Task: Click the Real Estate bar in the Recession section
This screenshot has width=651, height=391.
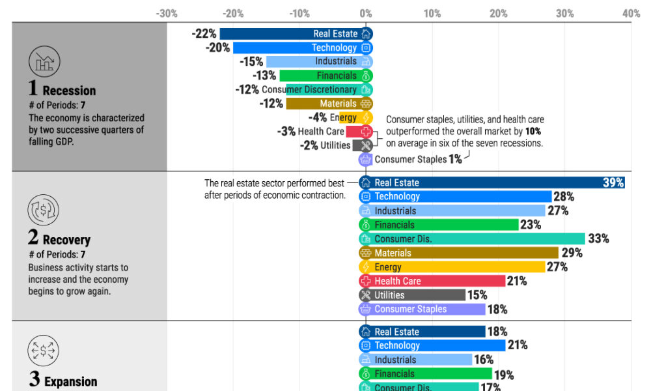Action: pyautogui.click(x=293, y=34)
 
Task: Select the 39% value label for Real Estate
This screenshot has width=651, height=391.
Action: pyautogui.click(x=613, y=183)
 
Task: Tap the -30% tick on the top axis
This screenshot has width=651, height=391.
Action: pyautogui.click(x=167, y=13)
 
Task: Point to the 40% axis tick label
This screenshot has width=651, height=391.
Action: pyautogui.click(x=631, y=13)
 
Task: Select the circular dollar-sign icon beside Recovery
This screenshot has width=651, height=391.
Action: pyautogui.click(x=43, y=210)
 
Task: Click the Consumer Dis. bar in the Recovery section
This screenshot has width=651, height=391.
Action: pyautogui.click(x=472, y=239)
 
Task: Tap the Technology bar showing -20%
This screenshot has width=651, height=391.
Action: pyautogui.click(x=299, y=48)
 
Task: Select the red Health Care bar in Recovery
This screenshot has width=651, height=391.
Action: pyautogui.click(x=433, y=281)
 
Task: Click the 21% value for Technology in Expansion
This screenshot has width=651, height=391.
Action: pyautogui.click(x=517, y=345)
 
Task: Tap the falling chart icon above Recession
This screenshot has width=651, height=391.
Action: pyautogui.click(x=44, y=62)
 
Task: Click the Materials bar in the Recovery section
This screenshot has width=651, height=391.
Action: pyautogui.click(x=459, y=253)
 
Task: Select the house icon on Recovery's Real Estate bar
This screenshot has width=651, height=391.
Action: pyautogui.click(x=366, y=183)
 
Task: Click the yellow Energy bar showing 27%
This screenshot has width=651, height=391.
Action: pyautogui.click(x=452, y=267)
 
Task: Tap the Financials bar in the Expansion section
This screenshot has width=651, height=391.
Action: pyautogui.click(x=426, y=374)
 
